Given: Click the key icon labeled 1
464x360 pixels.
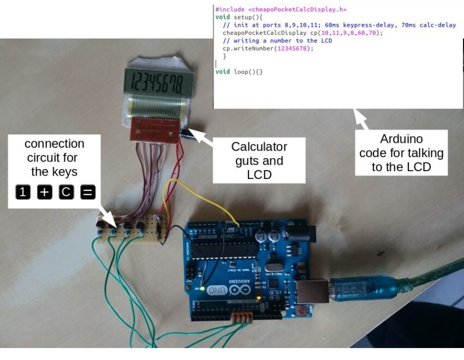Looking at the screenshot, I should click(22, 192).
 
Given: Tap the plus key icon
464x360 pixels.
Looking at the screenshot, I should click(44, 192).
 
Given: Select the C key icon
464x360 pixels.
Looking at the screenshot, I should click(66, 192).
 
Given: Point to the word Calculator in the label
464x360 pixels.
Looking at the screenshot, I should click(259, 146).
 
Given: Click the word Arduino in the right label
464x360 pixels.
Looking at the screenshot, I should click(401, 139).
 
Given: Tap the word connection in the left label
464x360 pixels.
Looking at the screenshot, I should click(54, 143).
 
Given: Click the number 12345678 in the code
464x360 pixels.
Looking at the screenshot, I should click(295, 49).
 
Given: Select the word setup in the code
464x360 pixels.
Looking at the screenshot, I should click(241, 17).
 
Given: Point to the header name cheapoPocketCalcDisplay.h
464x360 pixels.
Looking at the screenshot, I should click(297, 9).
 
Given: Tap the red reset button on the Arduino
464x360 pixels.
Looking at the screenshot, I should click(301, 313).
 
